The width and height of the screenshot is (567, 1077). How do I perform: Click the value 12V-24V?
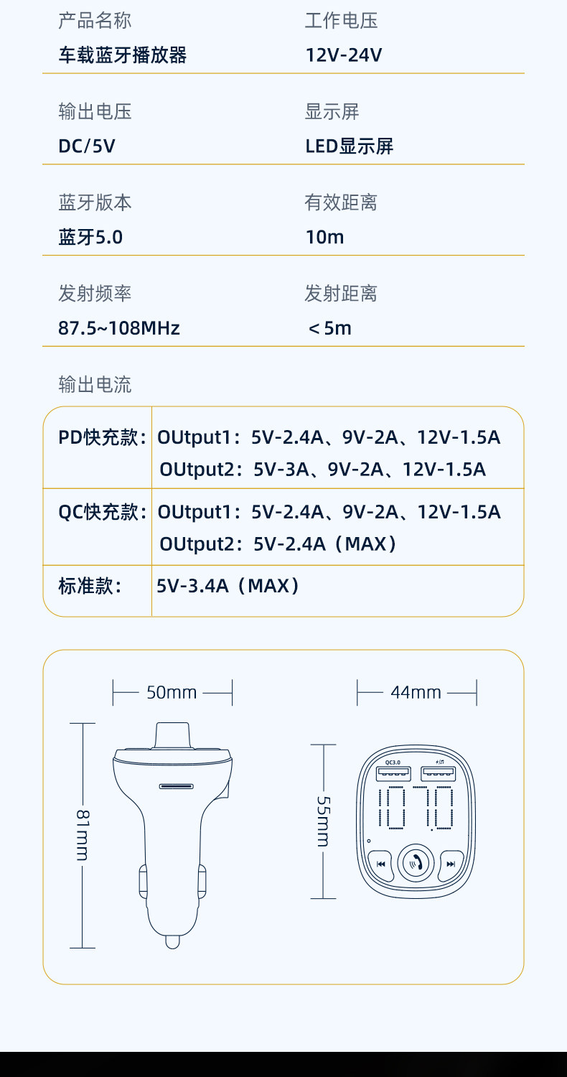coord(344,55)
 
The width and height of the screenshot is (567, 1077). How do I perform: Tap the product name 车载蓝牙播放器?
coord(122,55)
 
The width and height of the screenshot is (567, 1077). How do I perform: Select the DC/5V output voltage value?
coord(87,146)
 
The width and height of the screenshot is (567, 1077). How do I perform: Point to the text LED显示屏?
coord(350,146)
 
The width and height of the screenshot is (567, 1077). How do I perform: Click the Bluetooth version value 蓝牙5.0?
coord(90,237)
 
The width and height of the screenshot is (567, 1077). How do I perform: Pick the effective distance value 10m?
coord(324,237)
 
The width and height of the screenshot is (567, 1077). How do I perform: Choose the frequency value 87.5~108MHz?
coord(119,328)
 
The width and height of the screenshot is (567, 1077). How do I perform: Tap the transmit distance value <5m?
coord(329,328)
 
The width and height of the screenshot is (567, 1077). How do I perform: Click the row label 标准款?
coord(90,586)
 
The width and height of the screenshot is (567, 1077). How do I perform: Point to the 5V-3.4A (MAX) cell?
coord(228,586)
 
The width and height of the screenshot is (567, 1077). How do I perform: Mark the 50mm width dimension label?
coord(172,693)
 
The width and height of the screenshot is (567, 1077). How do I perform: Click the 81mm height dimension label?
coord(83,835)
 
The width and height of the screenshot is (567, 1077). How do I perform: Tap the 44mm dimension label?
coord(416,693)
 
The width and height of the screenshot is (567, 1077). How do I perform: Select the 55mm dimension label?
coord(323,821)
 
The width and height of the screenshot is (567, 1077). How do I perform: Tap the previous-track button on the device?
coord(380,864)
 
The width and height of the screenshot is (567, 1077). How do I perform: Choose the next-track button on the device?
coord(451,864)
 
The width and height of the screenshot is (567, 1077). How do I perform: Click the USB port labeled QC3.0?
coord(393,773)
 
